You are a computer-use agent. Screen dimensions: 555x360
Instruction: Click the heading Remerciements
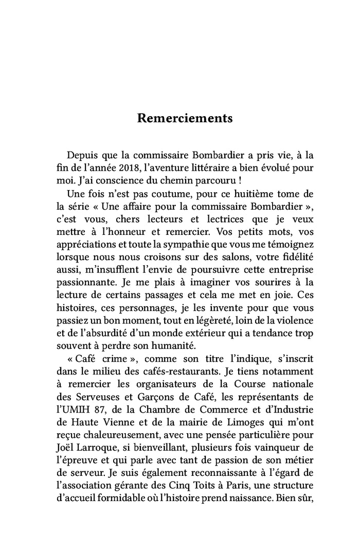pyautogui.click(x=185, y=118)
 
